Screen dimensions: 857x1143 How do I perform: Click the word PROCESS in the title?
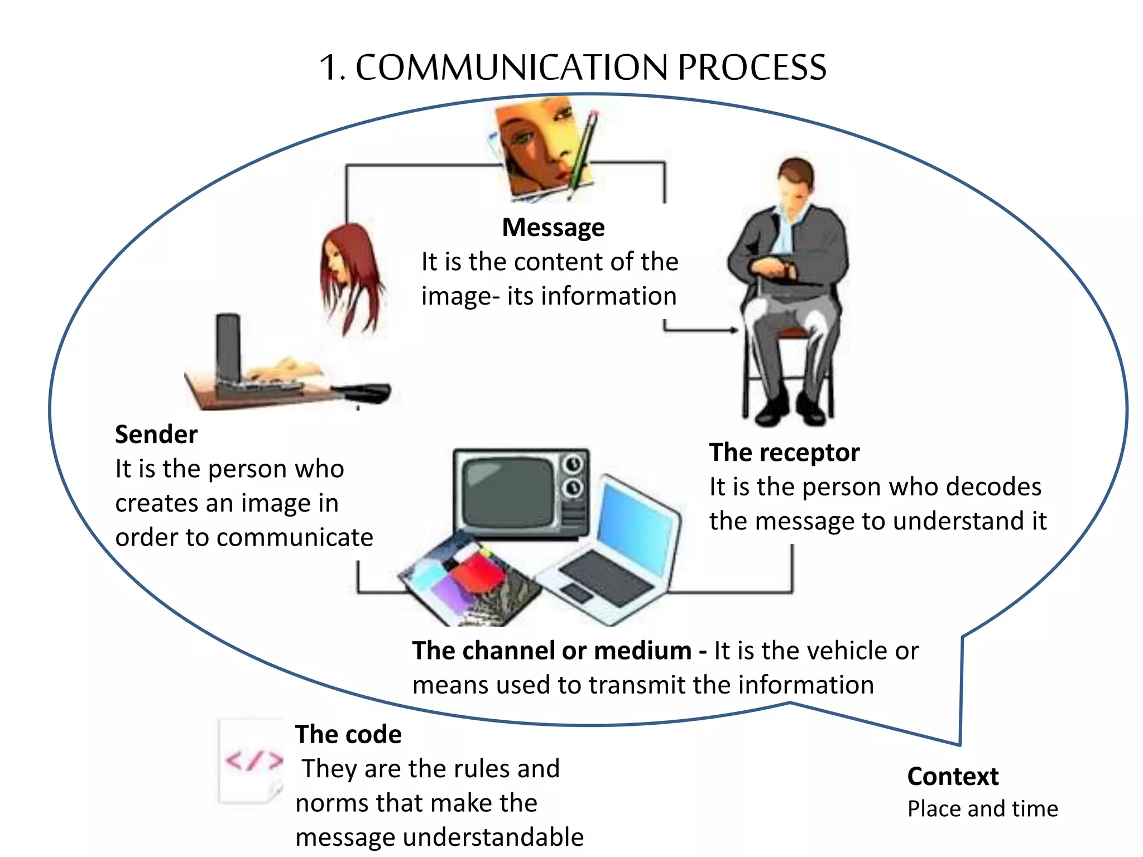[x=752, y=68]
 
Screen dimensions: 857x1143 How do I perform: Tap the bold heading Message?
[x=553, y=228]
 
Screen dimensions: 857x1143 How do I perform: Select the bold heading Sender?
[x=156, y=435]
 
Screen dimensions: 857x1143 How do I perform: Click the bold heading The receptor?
[x=784, y=452]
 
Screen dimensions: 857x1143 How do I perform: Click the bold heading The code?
[x=348, y=735]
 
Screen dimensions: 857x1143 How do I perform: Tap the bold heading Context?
[x=953, y=777]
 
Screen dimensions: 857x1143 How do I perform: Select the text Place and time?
[x=982, y=809]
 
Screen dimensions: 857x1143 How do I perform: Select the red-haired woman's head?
[x=349, y=268]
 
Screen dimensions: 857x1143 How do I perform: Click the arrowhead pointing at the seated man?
[x=734, y=330]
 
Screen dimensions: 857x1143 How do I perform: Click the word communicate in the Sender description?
[x=294, y=538]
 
